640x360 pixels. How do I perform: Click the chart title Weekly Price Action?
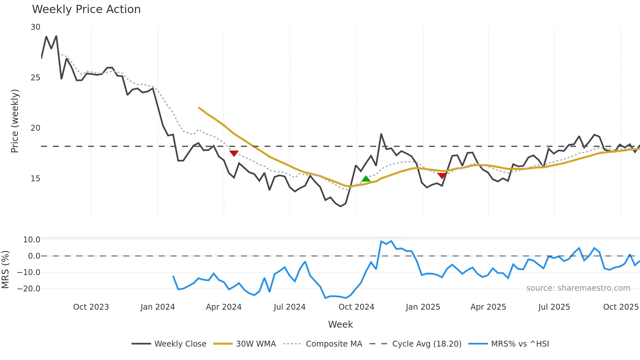pyautogui.click(x=86, y=9)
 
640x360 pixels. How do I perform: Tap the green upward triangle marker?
pyautogui.click(x=366, y=179)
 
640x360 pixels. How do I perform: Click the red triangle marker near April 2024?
pyautogui.click(x=234, y=153)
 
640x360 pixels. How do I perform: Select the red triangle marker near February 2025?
pyautogui.click(x=442, y=176)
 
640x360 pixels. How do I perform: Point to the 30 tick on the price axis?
pyautogui.click(x=36, y=27)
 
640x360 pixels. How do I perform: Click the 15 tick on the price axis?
pyautogui.click(x=36, y=179)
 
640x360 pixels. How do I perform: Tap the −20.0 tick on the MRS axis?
pyautogui.click(x=29, y=289)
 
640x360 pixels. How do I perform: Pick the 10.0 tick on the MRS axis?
pyautogui.click(x=32, y=240)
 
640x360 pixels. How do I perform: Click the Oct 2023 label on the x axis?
pyautogui.click(x=91, y=307)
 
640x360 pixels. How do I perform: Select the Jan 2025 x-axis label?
pyautogui.click(x=423, y=307)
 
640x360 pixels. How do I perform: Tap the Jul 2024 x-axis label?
pyautogui.click(x=289, y=307)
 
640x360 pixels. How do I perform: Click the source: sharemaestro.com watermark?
pyautogui.click(x=578, y=288)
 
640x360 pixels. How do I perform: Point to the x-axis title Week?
pyautogui.click(x=340, y=324)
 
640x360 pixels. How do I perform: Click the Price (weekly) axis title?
pyautogui.click(x=15, y=121)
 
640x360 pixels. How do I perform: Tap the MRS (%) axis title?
pyautogui.click(x=5, y=270)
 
